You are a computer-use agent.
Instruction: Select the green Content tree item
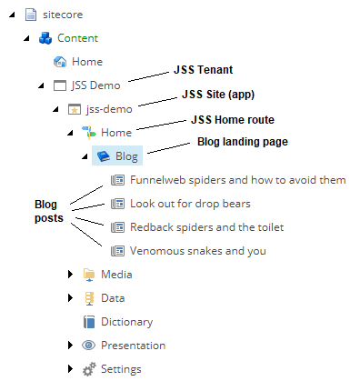pos(78,38)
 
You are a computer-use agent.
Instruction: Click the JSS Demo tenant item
pos(96,85)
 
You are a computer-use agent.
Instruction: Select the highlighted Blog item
pos(126,156)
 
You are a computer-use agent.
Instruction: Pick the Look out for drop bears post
pos(190,204)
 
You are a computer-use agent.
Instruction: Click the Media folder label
pos(117,275)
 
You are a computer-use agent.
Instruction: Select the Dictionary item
pos(126,322)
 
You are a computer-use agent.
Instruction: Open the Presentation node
pos(133,346)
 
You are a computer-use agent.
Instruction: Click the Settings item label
pos(121,369)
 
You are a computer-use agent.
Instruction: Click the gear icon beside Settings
pos(89,369)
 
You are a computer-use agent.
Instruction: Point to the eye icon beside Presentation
pos(89,346)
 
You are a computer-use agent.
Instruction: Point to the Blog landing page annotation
pos(242,142)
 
